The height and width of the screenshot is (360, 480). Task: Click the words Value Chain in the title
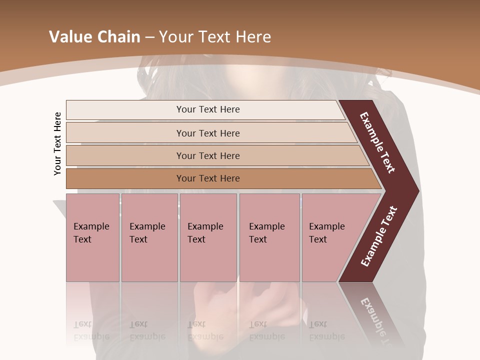(94, 37)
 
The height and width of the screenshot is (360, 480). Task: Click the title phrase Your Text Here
(215, 37)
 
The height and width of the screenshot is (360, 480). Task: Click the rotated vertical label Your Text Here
(57, 143)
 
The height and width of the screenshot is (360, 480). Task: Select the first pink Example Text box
(92, 237)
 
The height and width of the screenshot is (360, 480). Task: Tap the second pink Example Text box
(149, 237)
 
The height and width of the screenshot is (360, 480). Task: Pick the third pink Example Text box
(208, 237)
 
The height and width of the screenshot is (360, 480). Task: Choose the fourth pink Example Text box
(269, 237)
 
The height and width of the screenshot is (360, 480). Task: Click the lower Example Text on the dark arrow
(379, 236)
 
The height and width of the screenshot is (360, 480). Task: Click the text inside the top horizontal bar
(208, 109)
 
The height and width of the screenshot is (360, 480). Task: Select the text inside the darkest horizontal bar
(208, 178)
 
